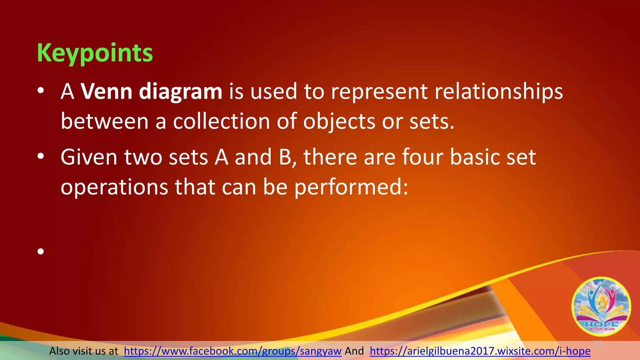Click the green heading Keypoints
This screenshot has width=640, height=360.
click(x=95, y=53)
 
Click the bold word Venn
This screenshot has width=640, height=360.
click(x=107, y=92)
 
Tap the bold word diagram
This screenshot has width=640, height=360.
click(x=180, y=92)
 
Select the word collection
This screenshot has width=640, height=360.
click(x=221, y=122)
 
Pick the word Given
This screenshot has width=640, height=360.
click(x=89, y=157)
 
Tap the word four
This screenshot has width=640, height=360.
click(x=422, y=157)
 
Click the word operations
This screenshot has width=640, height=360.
click(x=114, y=187)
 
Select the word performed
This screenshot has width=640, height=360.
click(x=351, y=187)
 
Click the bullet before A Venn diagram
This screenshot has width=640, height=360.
click(x=41, y=91)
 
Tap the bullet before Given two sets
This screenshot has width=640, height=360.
click(x=41, y=157)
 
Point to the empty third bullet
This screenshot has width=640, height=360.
click(x=41, y=251)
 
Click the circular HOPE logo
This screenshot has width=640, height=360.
click(x=601, y=306)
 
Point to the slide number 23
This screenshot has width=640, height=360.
click(x=597, y=344)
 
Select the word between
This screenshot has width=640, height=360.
click(x=104, y=122)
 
